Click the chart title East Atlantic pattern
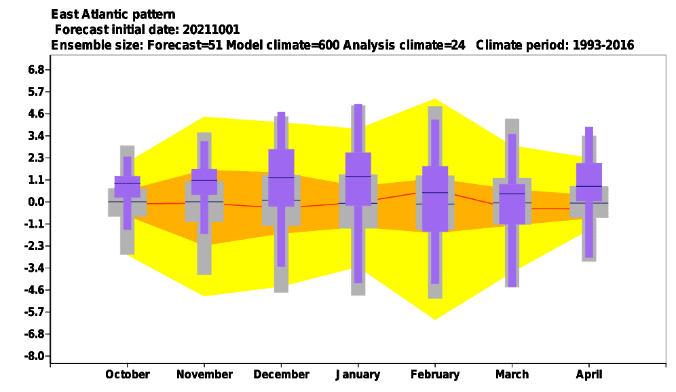point(113,14)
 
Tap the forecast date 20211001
point(211,29)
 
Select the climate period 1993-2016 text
point(603,45)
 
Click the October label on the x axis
point(128,374)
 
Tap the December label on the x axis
point(282,374)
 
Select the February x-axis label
point(435,374)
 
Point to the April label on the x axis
point(589,375)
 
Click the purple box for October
point(127,187)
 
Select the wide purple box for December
point(281,178)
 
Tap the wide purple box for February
point(435,199)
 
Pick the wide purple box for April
point(589,182)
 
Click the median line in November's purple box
point(204,180)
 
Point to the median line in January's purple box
point(358,176)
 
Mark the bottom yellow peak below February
point(435,319)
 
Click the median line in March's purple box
point(512,194)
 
